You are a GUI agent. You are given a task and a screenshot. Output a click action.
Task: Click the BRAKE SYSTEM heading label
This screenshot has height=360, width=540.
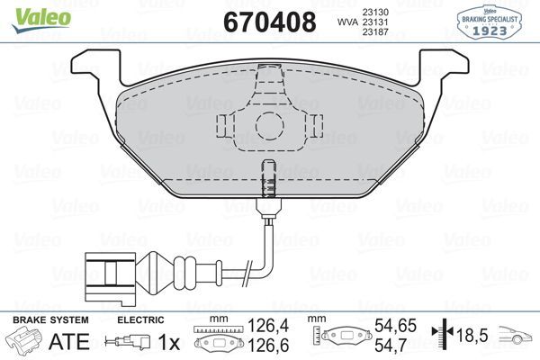click(x=49, y=320)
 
